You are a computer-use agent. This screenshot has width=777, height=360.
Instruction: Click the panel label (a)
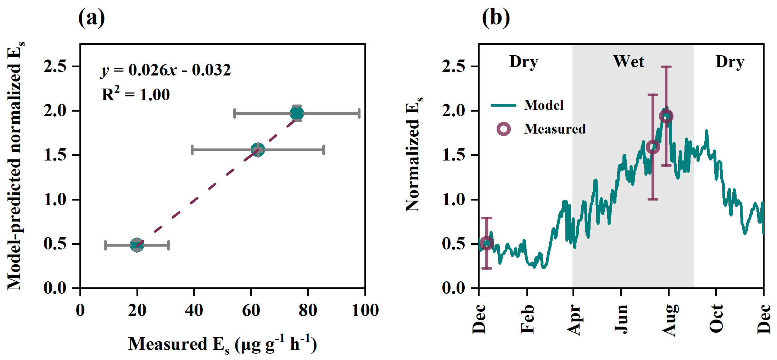point(91,18)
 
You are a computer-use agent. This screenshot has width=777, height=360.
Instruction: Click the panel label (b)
point(496,18)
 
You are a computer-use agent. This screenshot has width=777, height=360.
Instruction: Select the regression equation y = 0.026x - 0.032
point(166,70)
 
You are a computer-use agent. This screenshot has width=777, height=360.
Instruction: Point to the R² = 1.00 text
point(136,95)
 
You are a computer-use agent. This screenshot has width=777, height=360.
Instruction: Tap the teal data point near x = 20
point(137,245)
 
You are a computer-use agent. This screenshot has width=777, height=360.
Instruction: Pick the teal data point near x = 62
point(258,150)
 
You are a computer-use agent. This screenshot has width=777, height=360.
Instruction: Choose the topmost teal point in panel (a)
point(297,113)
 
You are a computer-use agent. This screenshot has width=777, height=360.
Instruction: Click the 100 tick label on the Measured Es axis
point(365,310)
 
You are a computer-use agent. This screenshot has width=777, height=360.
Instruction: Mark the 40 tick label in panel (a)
point(194,310)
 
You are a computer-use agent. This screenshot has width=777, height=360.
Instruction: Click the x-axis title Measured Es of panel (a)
point(223,344)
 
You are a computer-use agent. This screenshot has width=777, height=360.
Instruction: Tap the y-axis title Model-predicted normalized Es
point(15,166)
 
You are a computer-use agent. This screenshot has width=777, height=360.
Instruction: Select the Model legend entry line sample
point(503,105)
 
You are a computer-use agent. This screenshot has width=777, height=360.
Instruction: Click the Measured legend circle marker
point(504,129)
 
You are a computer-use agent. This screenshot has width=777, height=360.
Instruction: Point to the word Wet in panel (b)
point(628,62)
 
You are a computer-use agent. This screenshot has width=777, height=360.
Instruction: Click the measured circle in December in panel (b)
point(487,243)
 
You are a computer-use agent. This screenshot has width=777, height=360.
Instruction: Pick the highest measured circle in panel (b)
point(666,116)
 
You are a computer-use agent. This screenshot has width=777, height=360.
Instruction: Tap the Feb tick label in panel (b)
point(527,319)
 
